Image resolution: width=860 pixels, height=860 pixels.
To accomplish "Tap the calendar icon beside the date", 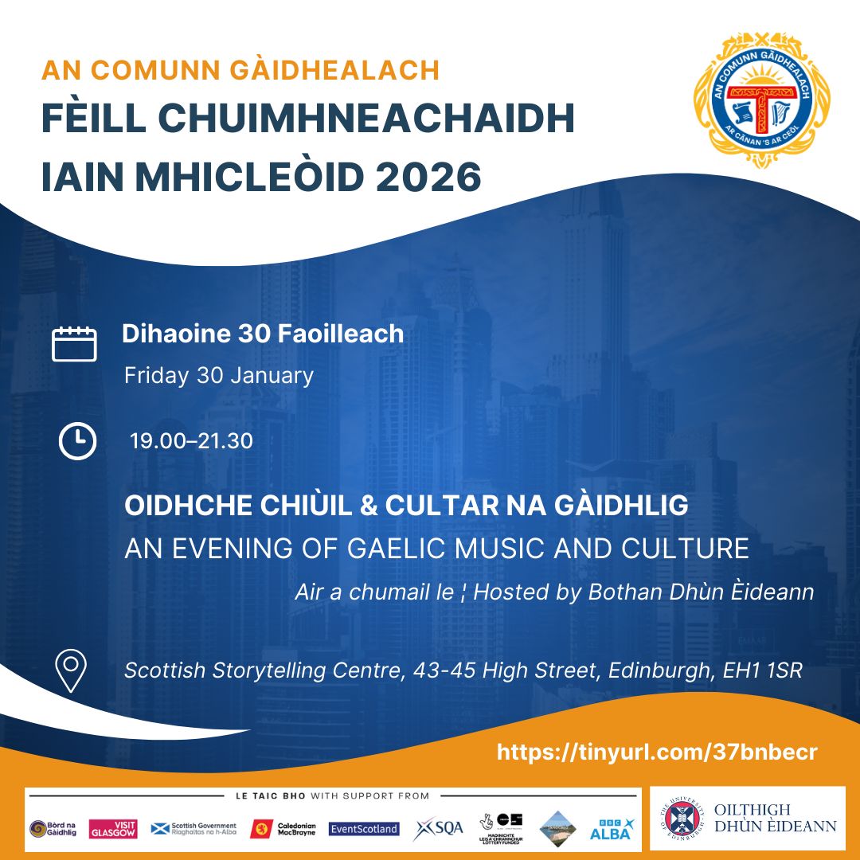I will click(74, 343).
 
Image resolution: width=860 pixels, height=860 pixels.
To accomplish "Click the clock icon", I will click(77, 440).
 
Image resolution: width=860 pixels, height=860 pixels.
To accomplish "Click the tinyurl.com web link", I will click(657, 752).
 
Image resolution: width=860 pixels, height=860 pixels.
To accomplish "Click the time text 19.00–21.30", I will click(191, 440).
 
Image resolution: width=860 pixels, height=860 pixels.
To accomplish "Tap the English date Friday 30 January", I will click(218, 375).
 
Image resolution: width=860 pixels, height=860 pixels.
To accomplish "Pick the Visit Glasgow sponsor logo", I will click(113, 829).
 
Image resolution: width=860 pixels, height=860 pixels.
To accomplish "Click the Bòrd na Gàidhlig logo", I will click(53, 829).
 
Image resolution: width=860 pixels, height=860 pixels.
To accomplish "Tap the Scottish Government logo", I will click(193, 829).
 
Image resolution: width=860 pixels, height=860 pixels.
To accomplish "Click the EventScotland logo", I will click(364, 829).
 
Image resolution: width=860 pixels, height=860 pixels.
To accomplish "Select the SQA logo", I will click(439, 828).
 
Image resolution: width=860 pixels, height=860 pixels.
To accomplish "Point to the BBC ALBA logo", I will click(611, 829).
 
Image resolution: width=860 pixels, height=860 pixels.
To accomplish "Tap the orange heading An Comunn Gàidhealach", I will click(240, 69).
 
